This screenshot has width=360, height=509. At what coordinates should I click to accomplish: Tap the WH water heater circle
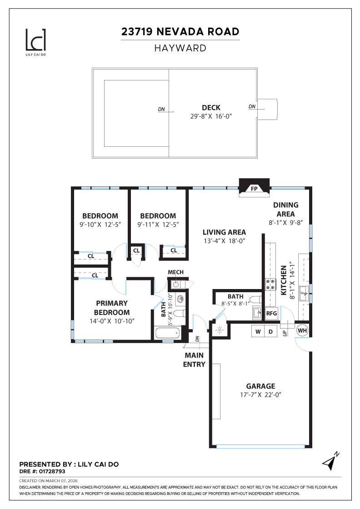click(302, 331)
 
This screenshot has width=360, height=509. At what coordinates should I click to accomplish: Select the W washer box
click(258, 332)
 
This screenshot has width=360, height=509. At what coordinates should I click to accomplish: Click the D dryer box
click(270, 332)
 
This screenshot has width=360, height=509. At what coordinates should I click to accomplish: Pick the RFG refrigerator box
click(271, 313)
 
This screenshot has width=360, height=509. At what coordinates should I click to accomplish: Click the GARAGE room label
click(261, 386)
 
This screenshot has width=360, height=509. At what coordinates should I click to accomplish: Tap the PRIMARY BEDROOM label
click(111, 308)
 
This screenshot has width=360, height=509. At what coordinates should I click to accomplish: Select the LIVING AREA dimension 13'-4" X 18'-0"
click(224, 241)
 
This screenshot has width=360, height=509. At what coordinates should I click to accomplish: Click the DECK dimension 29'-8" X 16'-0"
click(211, 116)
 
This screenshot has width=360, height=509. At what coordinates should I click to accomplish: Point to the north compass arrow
click(330, 461)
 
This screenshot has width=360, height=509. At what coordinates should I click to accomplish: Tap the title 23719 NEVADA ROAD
click(180, 31)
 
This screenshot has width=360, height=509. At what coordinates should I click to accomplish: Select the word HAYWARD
click(180, 48)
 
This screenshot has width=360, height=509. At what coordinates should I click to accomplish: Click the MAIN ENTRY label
click(195, 359)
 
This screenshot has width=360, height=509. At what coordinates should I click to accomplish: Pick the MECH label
click(175, 272)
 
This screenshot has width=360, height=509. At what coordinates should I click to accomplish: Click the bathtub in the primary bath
click(168, 333)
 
